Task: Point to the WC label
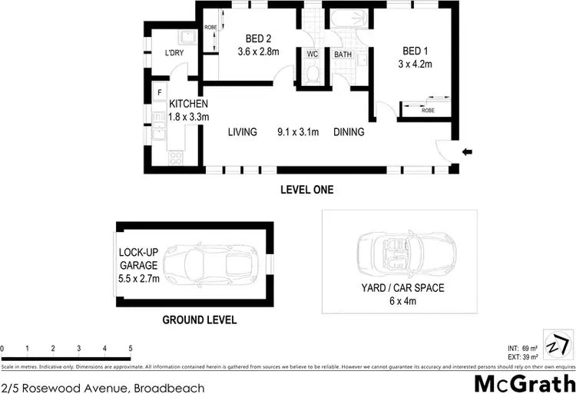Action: coord(312,55)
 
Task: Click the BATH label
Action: coord(343,55)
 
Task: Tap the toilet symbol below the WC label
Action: coord(312,74)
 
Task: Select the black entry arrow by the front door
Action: coord(468,152)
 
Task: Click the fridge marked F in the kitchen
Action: coord(159,94)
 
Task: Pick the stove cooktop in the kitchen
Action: coord(176,158)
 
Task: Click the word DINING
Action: coord(349,132)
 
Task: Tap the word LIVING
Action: coord(242,132)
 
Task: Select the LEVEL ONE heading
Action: coord(306,190)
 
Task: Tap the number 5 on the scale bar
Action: coord(130,349)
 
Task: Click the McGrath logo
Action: coord(525,382)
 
